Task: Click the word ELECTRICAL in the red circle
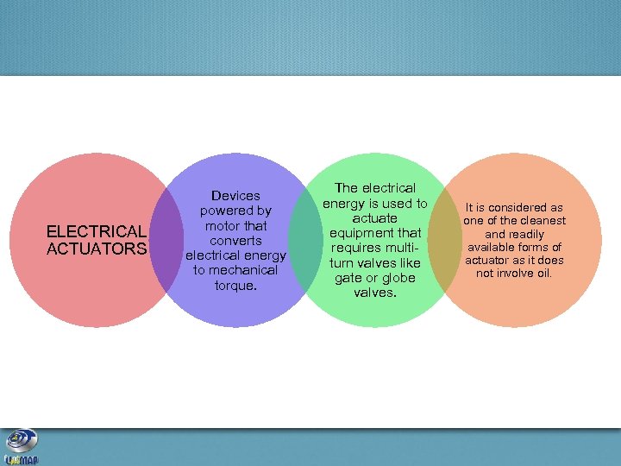click(x=97, y=231)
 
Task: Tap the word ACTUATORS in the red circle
click(x=97, y=249)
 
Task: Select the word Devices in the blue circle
click(x=235, y=196)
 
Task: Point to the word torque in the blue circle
click(x=234, y=285)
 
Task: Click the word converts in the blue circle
click(x=235, y=241)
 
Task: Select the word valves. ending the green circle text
click(x=375, y=293)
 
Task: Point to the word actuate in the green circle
click(x=375, y=218)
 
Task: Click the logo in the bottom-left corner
click(x=21, y=447)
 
